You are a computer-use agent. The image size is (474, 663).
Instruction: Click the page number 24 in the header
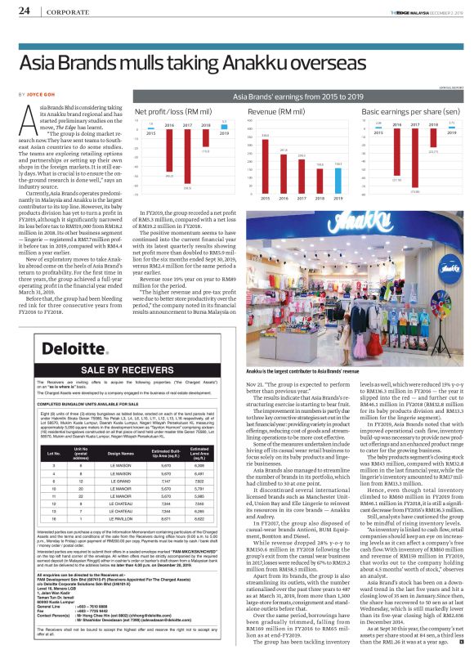click(x=24, y=11)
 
